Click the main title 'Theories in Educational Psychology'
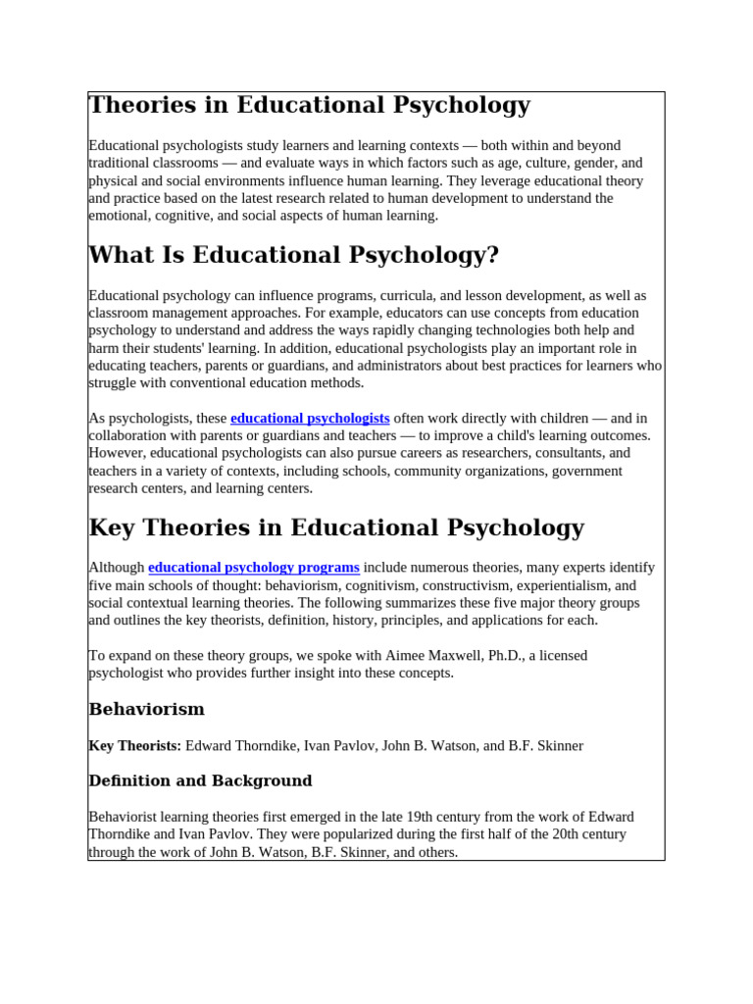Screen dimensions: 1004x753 (x=309, y=106)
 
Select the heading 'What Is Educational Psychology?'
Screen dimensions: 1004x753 (x=293, y=256)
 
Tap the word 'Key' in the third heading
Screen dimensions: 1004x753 (x=109, y=528)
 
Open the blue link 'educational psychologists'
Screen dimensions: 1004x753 (x=310, y=418)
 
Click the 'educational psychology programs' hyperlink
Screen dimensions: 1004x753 (x=253, y=568)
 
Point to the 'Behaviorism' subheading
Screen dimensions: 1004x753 (x=146, y=709)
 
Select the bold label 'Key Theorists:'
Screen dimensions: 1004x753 (x=134, y=746)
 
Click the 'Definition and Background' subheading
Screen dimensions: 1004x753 (x=200, y=781)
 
